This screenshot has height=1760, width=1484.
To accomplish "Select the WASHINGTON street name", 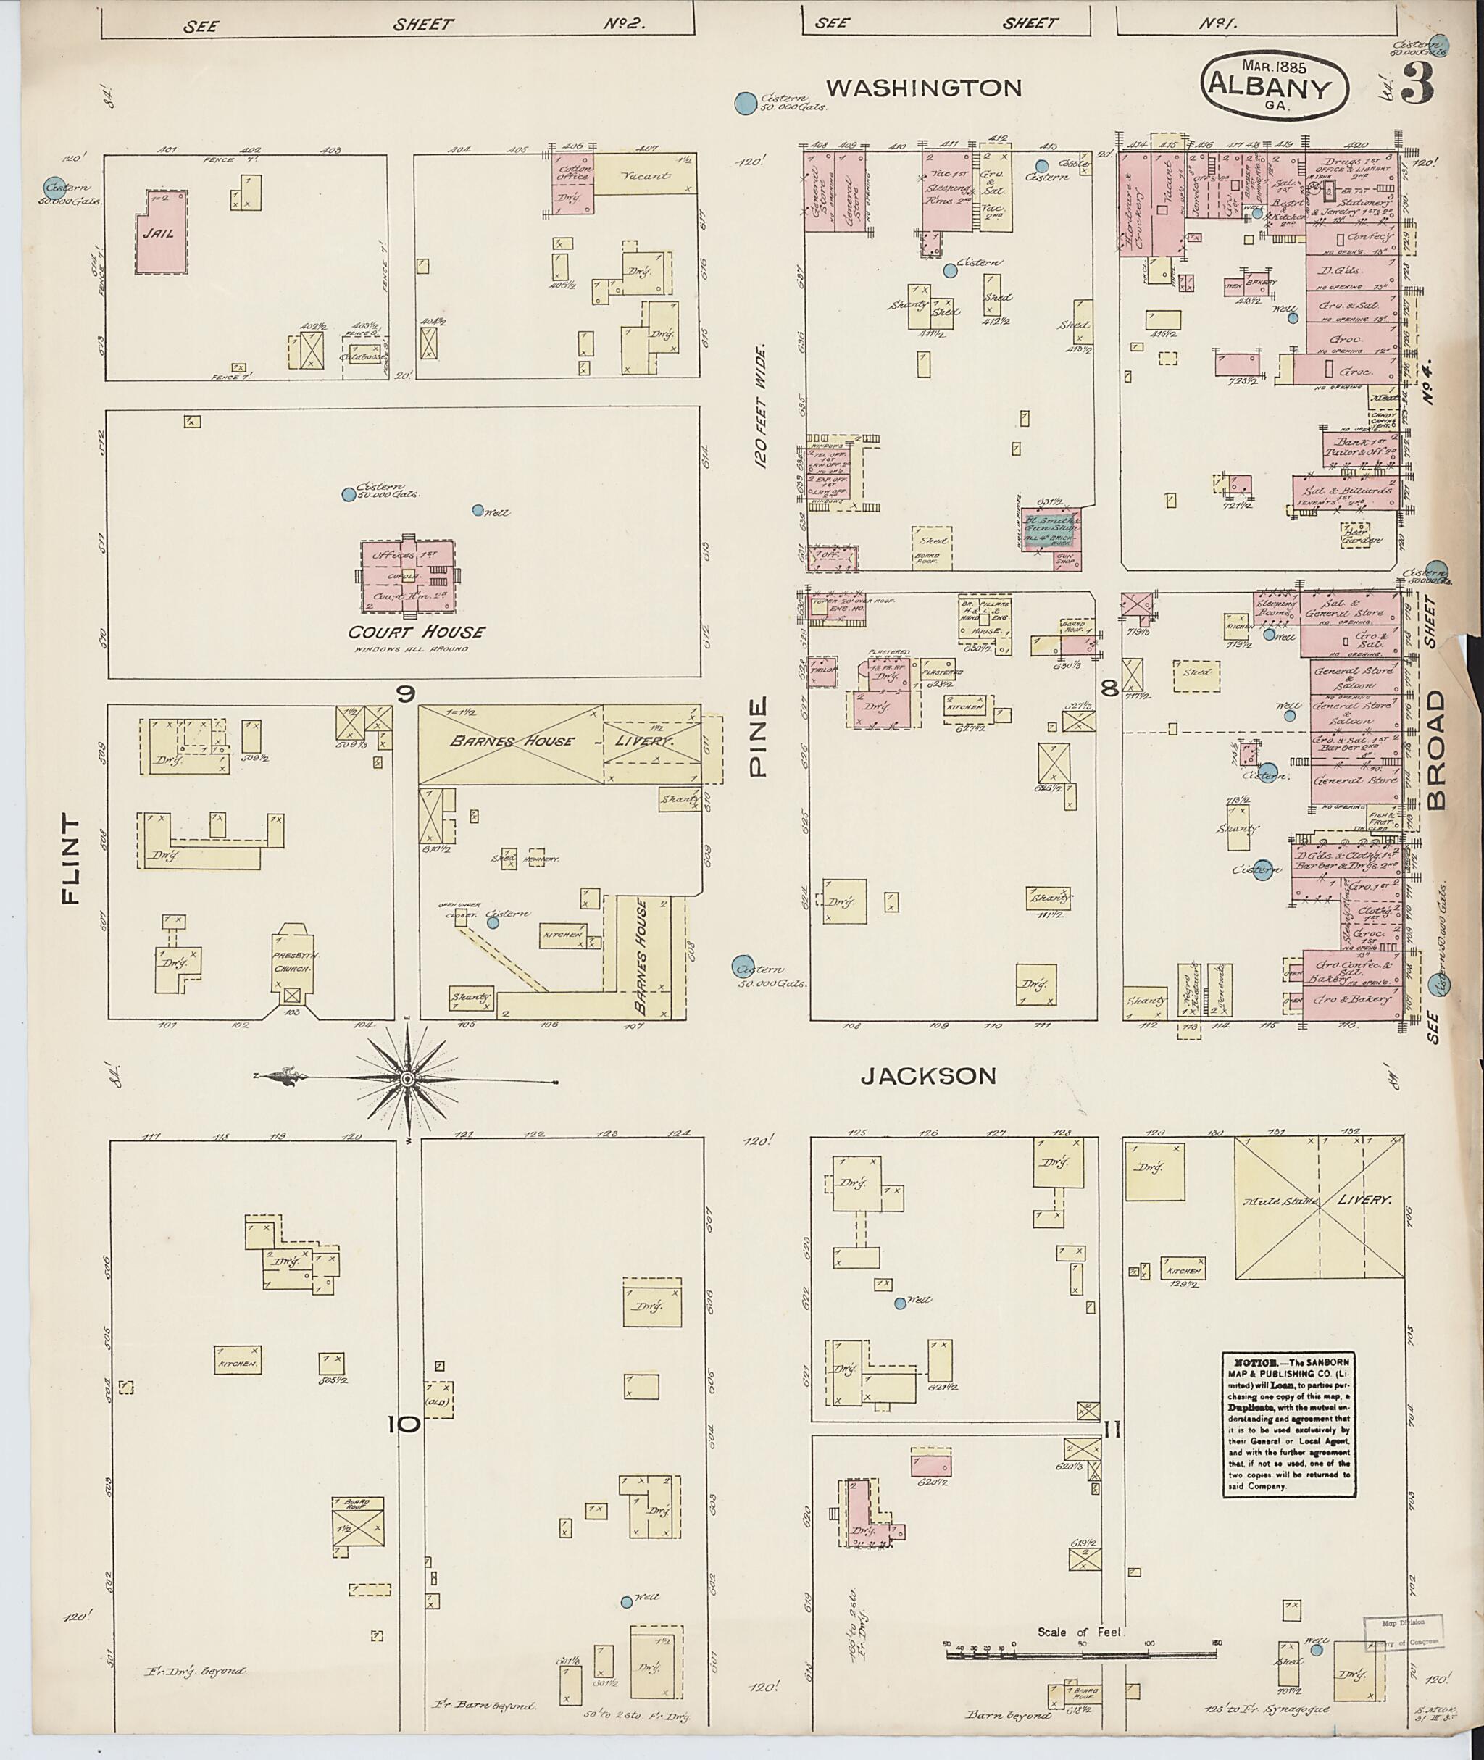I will coord(923,88).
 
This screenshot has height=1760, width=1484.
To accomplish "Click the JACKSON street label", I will coord(928,1075).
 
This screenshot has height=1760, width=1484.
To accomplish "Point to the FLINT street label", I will coord(71,858).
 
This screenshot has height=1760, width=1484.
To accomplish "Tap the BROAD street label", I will coord(1435,750).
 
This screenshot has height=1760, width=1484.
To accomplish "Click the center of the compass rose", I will coord(407,1077).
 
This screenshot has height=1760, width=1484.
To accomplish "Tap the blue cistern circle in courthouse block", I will coord(349,495).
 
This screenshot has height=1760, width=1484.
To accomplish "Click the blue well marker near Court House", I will coord(478,510).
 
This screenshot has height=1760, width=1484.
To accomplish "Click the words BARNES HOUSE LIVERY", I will coord(559,741).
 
